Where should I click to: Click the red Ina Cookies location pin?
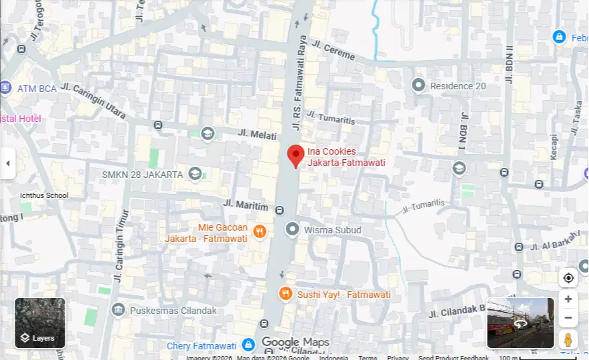click(296, 155)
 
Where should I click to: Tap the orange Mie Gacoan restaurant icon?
click(259, 231)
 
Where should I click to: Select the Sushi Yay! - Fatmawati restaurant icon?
click(285, 294)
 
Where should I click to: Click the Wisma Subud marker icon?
click(291, 230)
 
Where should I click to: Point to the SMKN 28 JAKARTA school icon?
click(195, 174)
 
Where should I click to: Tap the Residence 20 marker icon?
click(418, 85)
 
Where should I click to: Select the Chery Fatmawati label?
click(201, 345)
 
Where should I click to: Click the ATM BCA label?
click(37, 88)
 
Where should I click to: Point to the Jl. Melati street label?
click(257, 134)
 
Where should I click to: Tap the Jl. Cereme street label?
click(334, 51)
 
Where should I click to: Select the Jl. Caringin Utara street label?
click(93, 101)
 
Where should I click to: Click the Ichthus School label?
click(44, 195)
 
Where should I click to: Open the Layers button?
click(40, 323)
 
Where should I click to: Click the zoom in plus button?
click(568, 299)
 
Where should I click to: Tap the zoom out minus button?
click(568, 318)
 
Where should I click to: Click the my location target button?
click(568, 277)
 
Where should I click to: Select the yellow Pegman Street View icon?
click(568, 339)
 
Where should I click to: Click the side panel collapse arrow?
click(7, 163)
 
